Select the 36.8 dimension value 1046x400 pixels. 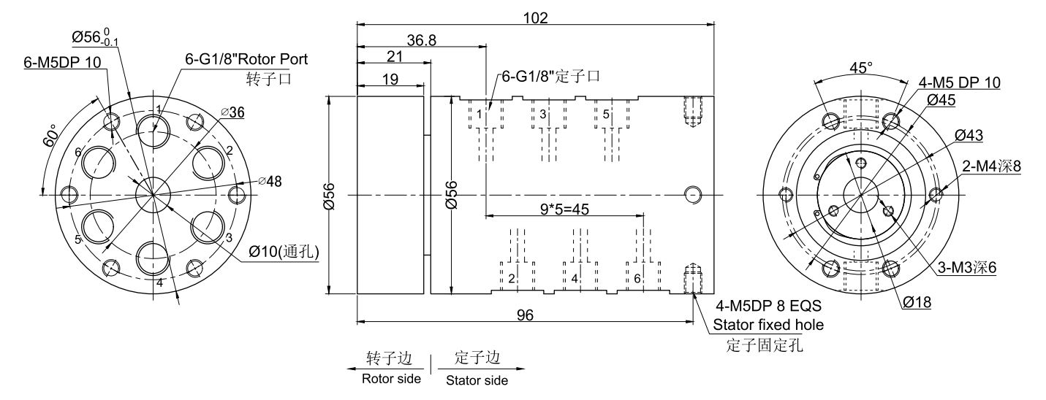422,41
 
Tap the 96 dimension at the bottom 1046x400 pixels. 524,315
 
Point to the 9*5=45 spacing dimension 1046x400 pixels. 564,209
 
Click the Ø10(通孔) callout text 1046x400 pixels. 283,251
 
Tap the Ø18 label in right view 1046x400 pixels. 916,302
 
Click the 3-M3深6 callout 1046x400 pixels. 968,267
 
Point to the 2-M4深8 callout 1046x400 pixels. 990,166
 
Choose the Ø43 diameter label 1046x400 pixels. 969,135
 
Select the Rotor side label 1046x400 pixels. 392,379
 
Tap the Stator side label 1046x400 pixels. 477,380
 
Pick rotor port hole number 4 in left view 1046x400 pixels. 154,257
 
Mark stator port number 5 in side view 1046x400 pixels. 606,115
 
